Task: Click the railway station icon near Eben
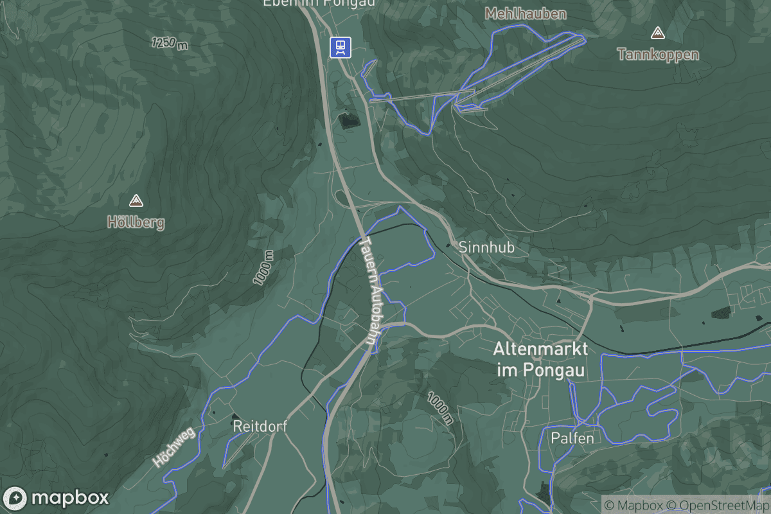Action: (341, 47)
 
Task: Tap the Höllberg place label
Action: (136, 223)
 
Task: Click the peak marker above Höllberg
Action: (136, 201)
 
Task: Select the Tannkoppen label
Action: (658, 54)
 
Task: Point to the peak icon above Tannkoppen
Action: (657, 32)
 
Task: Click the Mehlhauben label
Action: (526, 13)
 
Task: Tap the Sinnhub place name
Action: (486, 247)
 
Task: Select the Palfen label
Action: (572, 438)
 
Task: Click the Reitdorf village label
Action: (260, 426)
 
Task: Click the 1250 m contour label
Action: (170, 44)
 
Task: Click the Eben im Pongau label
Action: (319, 3)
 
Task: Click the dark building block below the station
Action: (349, 120)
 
